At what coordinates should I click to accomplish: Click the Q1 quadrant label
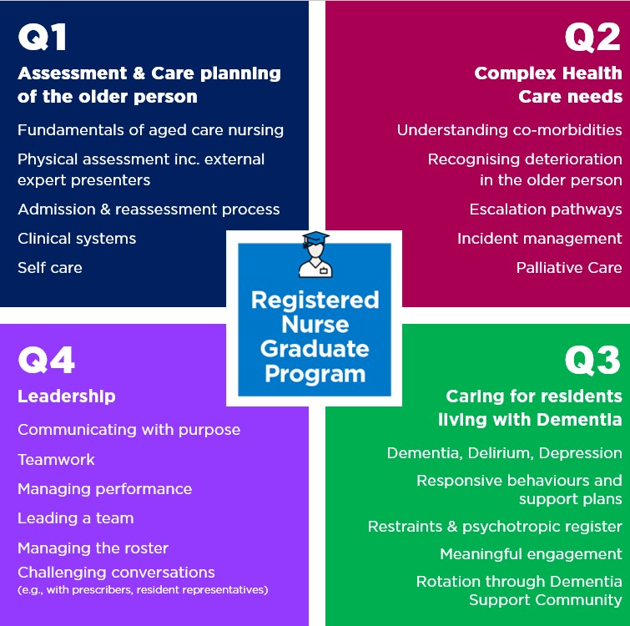pyautogui.click(x=43, y=38)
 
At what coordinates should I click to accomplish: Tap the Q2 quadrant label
pyautogui.click(x=592, y=38)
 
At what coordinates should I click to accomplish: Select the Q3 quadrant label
pyautogui.click(x=592, y=361)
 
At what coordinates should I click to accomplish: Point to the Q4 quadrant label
pyautogui.click(x=47, y=361)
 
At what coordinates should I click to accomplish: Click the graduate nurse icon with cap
pyautogui.click(x=315, y=255)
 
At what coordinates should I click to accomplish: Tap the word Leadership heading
pyautogui.click(x=67, y=396)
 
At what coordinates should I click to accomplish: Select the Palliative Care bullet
pyautogui.click(x=569, y=268)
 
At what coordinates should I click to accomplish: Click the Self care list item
pyautogui.click(x=50, y=268)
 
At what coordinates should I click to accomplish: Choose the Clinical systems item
pyautogui.click(x=77, y=239)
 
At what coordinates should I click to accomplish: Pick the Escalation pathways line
pyautogui.click(x=546, y=210)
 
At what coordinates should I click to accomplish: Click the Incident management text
pyautogui.click(x=540, y=239)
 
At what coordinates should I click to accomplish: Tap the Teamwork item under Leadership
pyautogui.click(x=56, y=460)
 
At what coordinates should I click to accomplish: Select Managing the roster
pyautogui.click(x=93, y=548)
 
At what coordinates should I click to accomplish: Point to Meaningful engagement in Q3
pyautogui.click(x=531, y=554)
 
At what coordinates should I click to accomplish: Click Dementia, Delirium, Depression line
pyautogui.click(x=504, y=453)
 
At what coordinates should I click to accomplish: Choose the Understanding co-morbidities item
pyautogui.click(x=509, y=130)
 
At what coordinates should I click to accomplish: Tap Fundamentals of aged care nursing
pyautogui.click(x=150, y=130)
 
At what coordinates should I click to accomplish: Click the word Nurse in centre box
pyautogui.click(x=314, y=324)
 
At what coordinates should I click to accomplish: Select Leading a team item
pyautogui.click(x=75, y=518)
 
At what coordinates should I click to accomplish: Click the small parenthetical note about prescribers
pyautogui.click(x=143, y=590)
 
